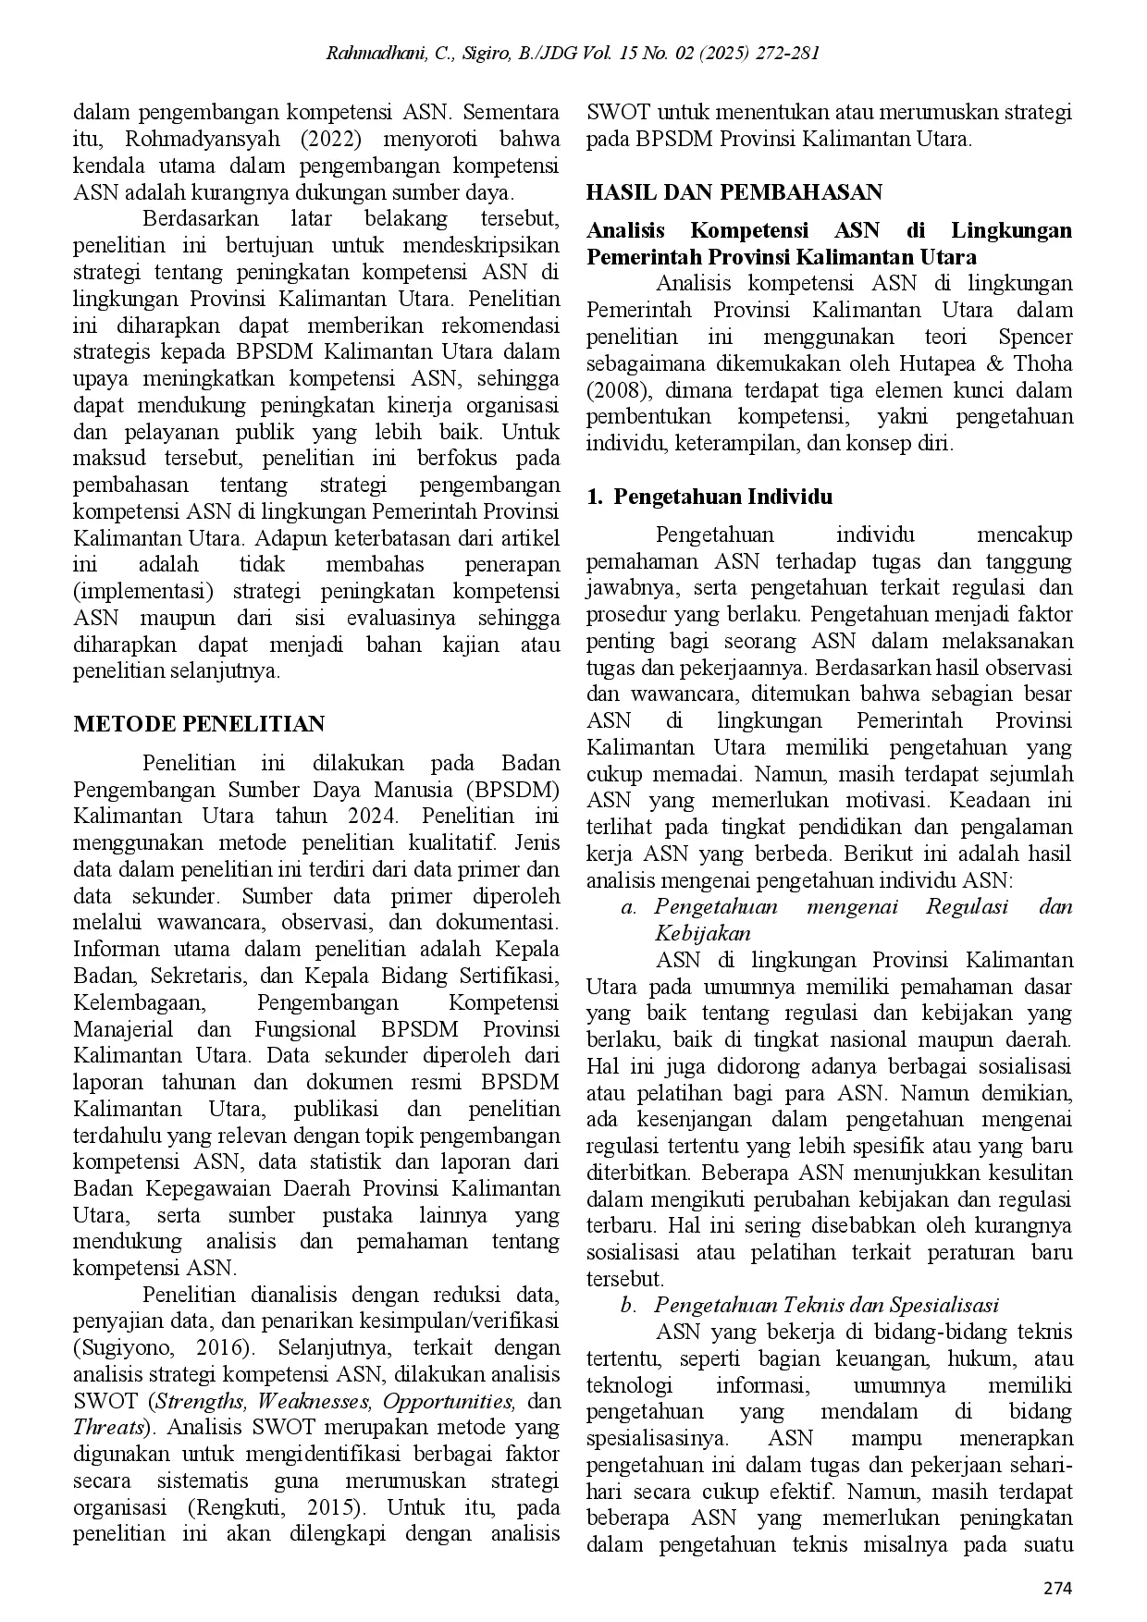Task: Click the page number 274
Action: pos(1056,1589)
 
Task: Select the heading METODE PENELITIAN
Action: pos(199,724)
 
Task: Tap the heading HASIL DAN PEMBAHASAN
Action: pos(734,192)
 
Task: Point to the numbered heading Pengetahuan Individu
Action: pos(723,497)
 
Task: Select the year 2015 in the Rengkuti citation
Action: pos(329,1506)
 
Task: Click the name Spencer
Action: pos(1035,337)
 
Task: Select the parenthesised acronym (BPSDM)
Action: pos(513,789)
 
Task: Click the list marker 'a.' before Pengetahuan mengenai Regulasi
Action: pos(630,906)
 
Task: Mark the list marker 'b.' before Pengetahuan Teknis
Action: pos(630,1305)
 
